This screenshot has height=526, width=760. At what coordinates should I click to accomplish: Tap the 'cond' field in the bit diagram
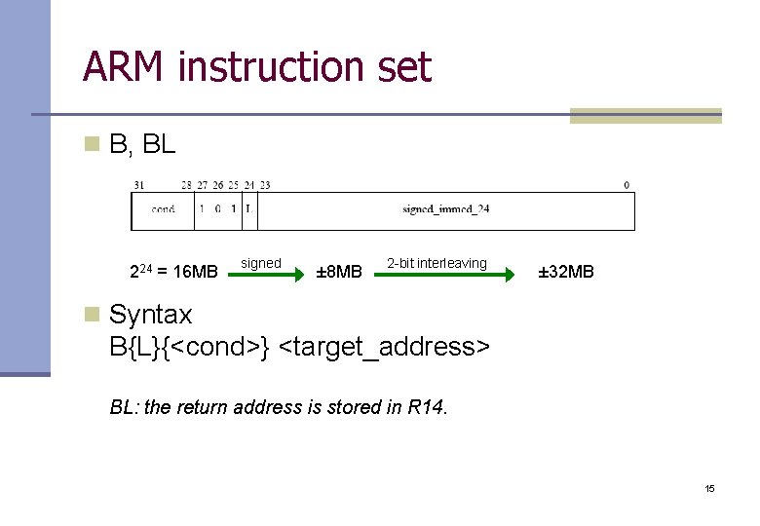(x=163, y=209)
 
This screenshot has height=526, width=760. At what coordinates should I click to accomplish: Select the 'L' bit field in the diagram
(x=249, y=209)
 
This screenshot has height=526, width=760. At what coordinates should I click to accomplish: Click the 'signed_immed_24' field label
(x=445, y=209)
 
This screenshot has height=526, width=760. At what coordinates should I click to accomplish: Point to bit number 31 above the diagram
(x=138, y=185)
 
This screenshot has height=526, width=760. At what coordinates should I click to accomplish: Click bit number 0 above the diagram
(x=627, y=185)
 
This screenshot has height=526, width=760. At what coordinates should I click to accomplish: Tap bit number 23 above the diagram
(x=265, y=185)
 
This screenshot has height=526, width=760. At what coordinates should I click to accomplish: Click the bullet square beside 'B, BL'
(x=93, y=145)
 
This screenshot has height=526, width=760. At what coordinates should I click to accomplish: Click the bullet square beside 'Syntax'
(x=93, y=314)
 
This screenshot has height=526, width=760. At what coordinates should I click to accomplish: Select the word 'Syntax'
(x=151, y=315)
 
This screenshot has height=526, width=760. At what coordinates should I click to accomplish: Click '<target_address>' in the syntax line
(x=384, y=347)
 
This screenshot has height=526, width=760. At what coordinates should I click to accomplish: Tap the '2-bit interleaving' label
(x=437, y=263)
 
